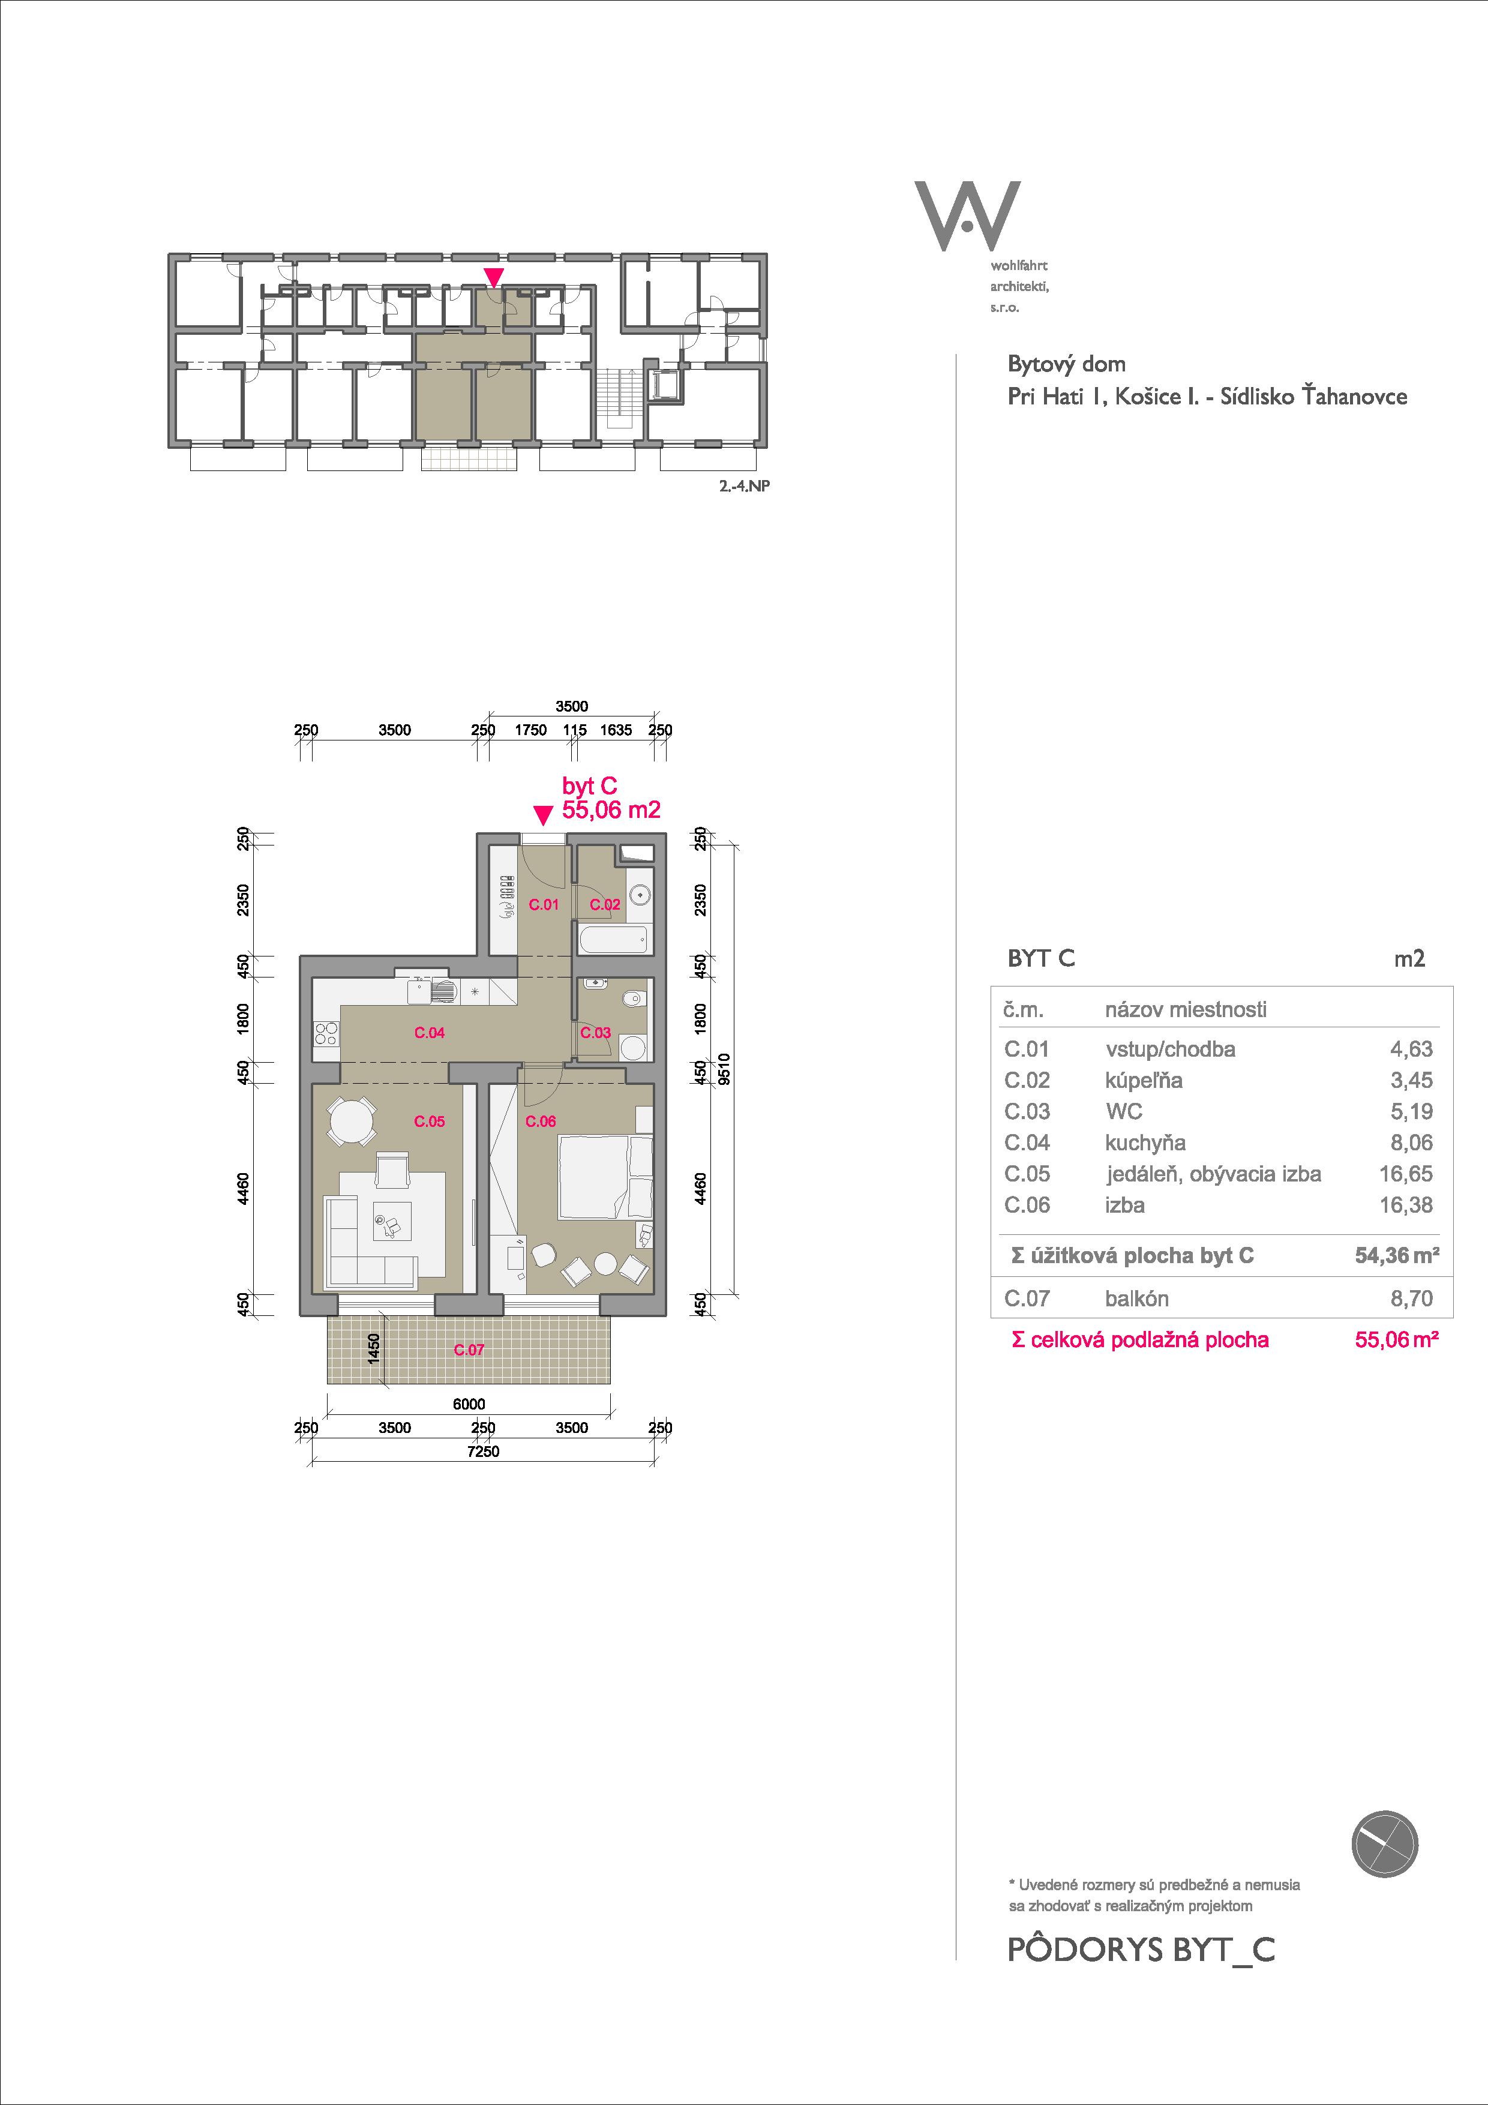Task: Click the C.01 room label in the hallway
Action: tap(544, 905)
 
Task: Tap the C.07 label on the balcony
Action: tap(469, 1350)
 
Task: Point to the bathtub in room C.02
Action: tap(613, 940)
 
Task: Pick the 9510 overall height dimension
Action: tap(724, 1069)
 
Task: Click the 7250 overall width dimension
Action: tap(483, 1452)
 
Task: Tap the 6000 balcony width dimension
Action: tap(469, 1404)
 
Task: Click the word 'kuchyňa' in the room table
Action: tap(1145, 1143)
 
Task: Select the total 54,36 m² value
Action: tap(1396, 1255)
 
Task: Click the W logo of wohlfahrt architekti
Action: tap(967, 217)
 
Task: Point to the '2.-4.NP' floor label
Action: tap(743, 486)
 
